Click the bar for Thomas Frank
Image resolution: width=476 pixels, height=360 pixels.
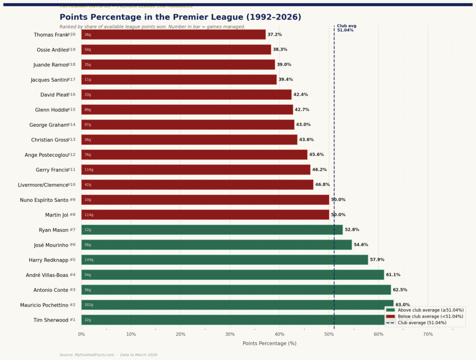(173, 34)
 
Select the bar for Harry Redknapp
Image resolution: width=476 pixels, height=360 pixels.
(225, 260)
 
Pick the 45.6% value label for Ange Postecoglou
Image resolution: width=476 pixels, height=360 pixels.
(317, 154)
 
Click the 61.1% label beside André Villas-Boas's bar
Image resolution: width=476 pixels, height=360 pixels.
(393, 275)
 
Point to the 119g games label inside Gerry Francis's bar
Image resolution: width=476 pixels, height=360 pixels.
(89, 170)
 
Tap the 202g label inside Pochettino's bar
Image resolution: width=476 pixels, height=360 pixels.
(89, 305)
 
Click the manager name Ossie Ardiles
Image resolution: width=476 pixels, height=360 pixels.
(52, 50)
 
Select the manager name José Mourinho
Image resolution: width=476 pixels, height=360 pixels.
(51, 245)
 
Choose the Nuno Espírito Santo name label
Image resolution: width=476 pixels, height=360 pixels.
(45, 200)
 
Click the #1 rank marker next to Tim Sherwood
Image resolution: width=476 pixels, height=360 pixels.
(73, 320)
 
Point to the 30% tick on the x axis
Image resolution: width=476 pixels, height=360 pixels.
(230, 334)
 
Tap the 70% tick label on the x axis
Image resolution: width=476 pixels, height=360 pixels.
(428, 334)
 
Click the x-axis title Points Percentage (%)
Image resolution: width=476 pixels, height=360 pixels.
(269, 343)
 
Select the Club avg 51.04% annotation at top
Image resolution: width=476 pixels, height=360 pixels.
(346, 28)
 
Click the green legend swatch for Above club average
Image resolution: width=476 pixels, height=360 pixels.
(390, 310)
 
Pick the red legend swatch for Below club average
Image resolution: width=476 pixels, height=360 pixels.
(390, 316)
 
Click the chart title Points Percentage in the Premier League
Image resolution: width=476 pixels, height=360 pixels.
(180, 17)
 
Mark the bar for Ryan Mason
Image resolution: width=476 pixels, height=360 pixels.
(212, 230)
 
